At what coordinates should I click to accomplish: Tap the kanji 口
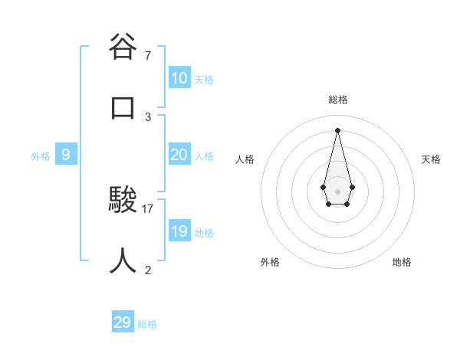coord(123,107)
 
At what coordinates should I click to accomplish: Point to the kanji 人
coord(123,260)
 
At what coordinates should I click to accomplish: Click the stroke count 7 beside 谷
coord(147,55)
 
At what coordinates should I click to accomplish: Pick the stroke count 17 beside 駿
coord(148,208)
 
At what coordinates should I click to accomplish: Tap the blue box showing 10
coord(179,78)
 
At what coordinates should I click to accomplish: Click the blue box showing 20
coord(179,155)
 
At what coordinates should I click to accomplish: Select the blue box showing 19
coord(179,231)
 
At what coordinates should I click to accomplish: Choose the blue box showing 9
coord(66,155)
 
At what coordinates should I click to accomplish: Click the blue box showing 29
coord(123,322)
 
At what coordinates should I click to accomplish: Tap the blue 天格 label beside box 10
coord(203,80)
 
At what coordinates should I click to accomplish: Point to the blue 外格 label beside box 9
coord(41,156)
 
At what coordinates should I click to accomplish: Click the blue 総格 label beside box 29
coord(147,324)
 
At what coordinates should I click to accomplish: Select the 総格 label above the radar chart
coord(337,100)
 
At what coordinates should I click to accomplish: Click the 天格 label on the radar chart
coord(431,159)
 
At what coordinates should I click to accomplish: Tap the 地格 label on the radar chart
coord(402,262)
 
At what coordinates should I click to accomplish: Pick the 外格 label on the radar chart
coord(270,262)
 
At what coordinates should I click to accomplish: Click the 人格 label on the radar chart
coord(245,159)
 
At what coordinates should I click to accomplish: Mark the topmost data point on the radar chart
coord(337,129)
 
